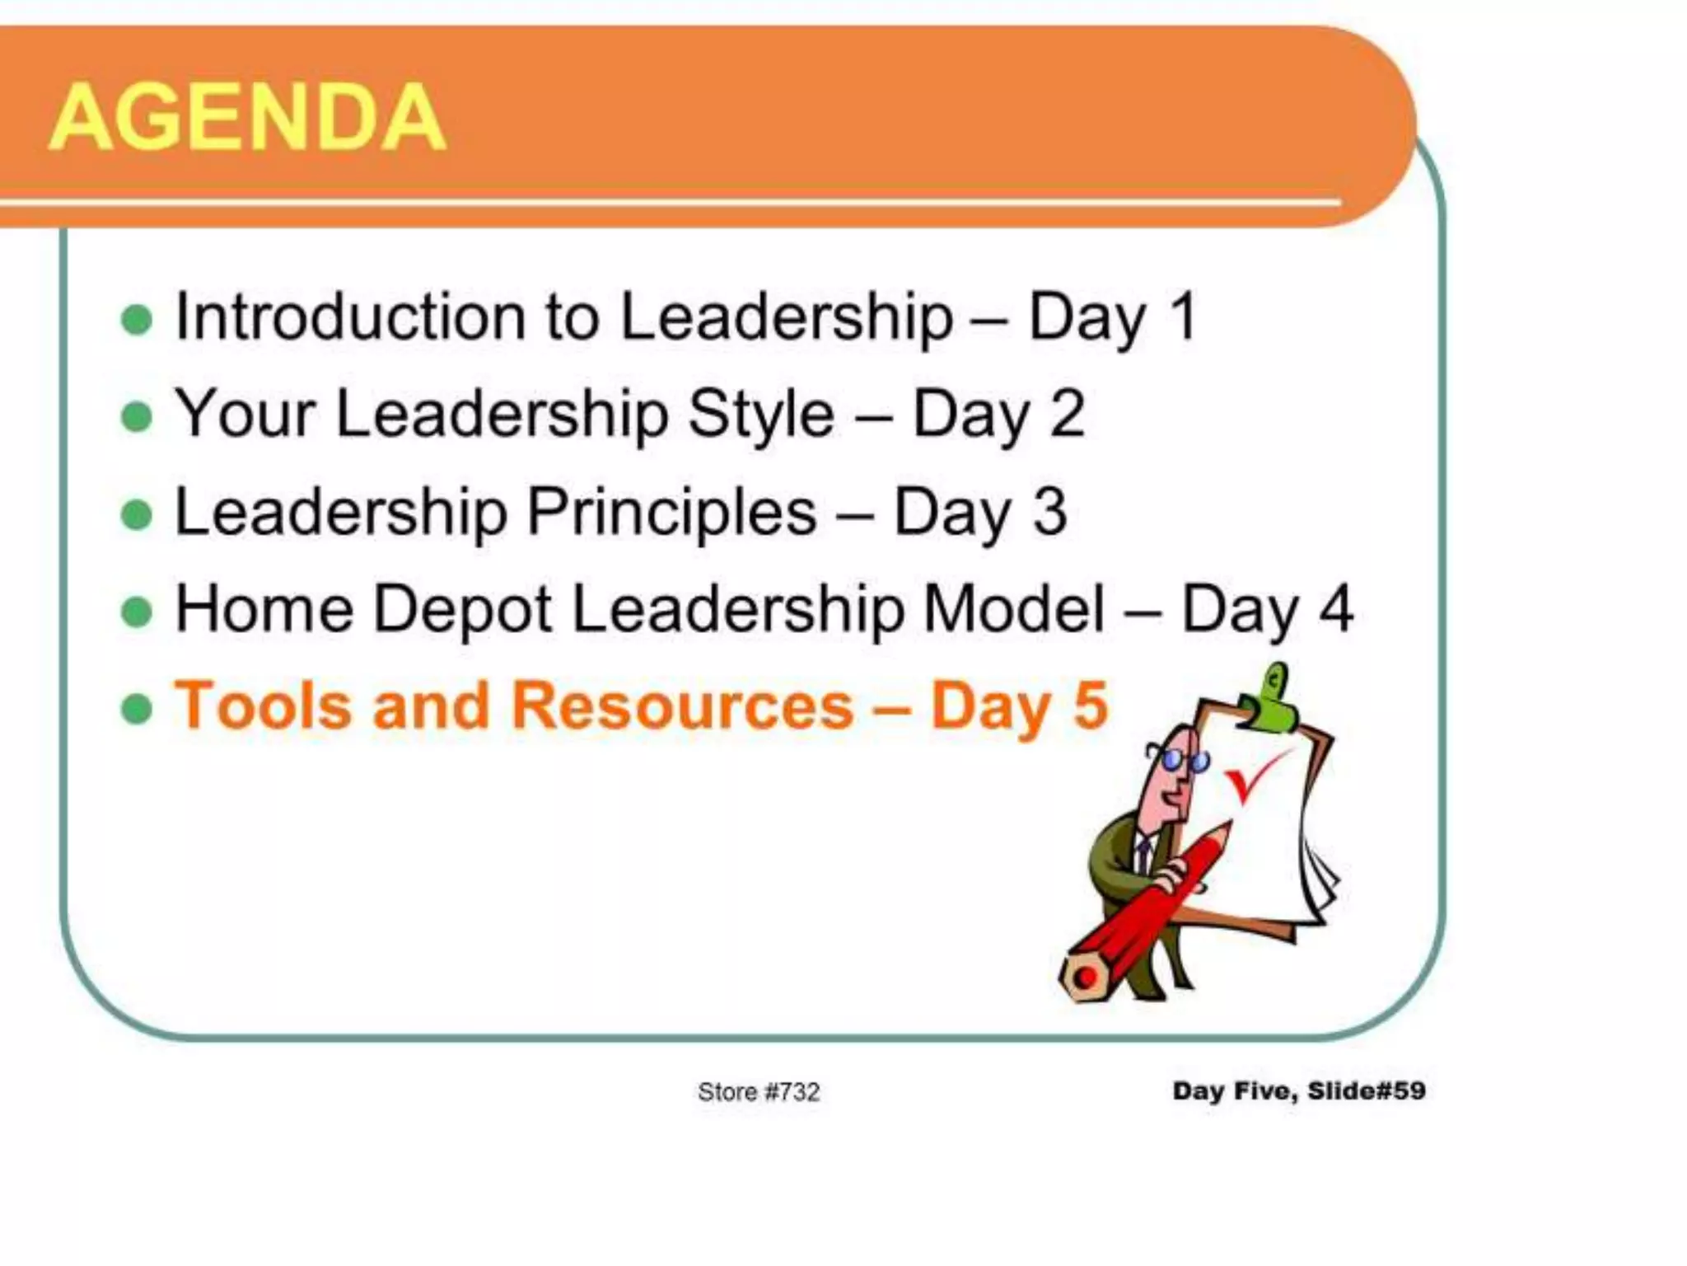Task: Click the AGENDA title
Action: pos(247,117)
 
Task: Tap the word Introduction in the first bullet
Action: pos(349,316)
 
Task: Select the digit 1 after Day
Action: pos(1183,316)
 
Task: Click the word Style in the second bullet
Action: pos(760,414)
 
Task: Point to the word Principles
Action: pos(671,512)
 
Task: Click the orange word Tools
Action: pos(264,706)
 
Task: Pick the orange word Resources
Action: pos(682,706)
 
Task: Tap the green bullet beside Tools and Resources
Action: pos(137,709)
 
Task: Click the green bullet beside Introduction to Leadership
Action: pos(137,320)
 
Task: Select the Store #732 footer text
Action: pos(759,1092)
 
